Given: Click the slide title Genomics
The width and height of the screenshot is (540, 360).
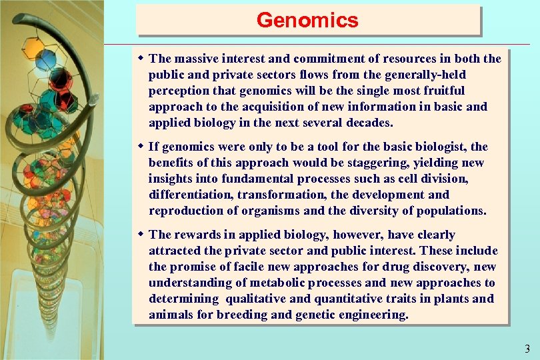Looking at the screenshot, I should [307, 20].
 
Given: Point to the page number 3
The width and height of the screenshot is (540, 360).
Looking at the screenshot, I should [527, 348].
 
